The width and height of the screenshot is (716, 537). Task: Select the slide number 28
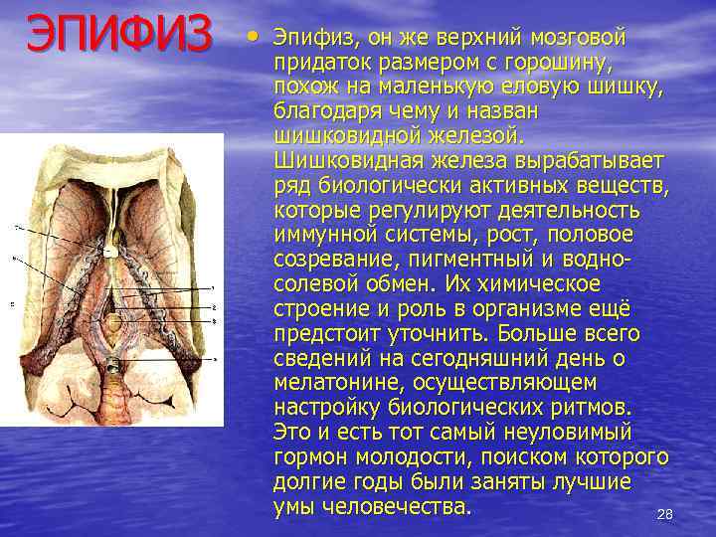[665, 514]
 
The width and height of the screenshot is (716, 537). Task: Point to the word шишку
[631, 88]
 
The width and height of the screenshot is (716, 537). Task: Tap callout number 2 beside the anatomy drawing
[215, 309]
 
